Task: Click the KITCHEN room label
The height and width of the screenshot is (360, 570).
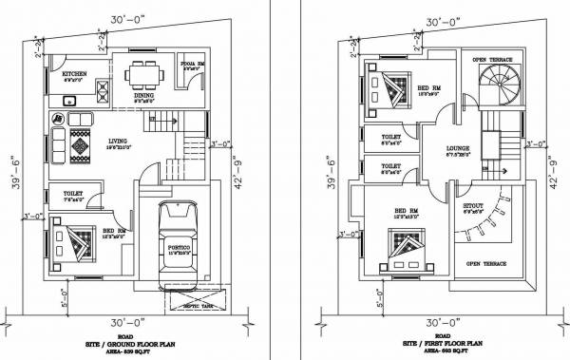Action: [76, 73]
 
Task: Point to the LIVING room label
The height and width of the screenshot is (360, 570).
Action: [116, 140]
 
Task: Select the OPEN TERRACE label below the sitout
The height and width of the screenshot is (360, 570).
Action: [485, 263]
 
